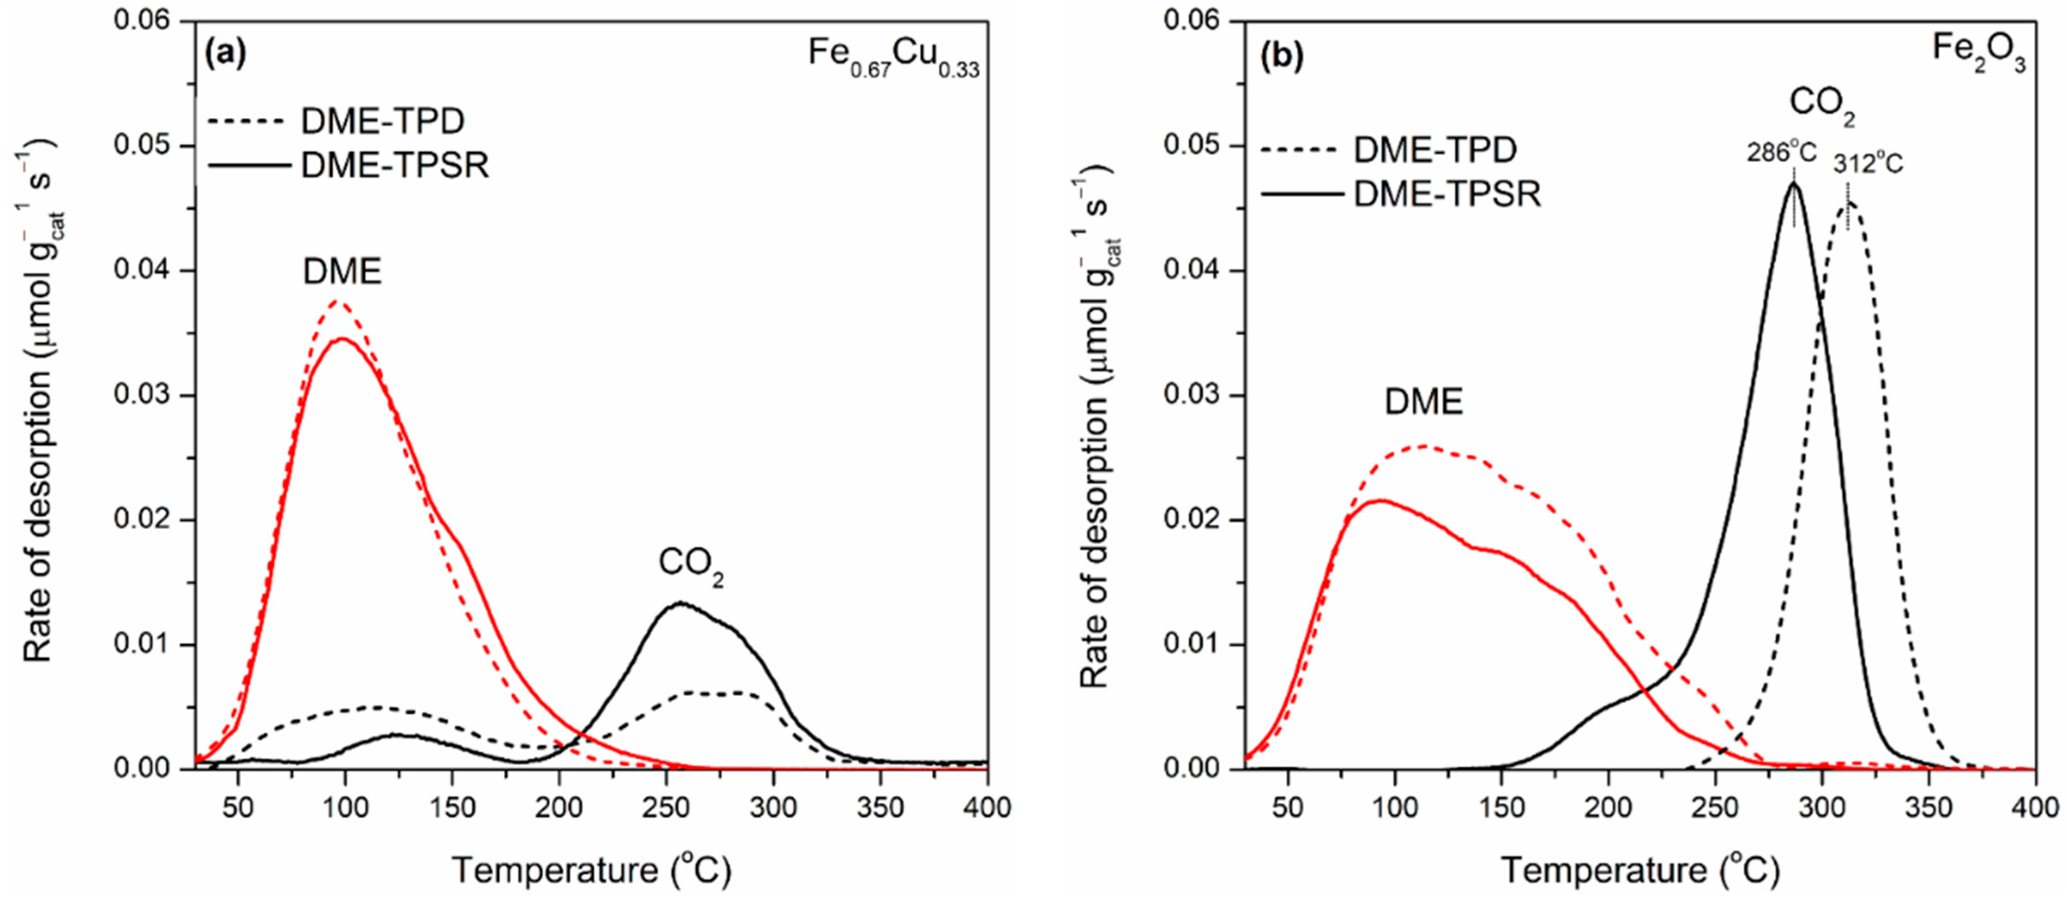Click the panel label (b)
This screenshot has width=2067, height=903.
click(x=1281, y=55)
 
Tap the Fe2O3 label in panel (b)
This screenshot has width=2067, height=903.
click(x=1978, y=53)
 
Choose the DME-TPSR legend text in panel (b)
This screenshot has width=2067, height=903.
click(x=1447, y=195)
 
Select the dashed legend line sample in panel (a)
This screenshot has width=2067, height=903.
click(x=246, y=122)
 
